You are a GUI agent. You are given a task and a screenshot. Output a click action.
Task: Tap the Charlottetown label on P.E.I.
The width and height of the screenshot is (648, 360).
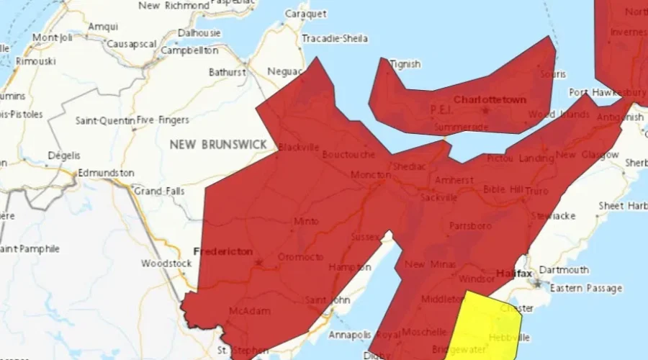(490, 99)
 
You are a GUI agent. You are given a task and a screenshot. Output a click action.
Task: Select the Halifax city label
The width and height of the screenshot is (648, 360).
(514, 274)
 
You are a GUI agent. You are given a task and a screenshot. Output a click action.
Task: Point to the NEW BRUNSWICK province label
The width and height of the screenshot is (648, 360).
(218, 145)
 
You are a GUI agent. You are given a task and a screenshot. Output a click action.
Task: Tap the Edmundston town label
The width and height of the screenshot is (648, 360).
(106, 173)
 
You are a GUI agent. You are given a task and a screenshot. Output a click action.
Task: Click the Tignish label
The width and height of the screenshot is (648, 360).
(405, 64)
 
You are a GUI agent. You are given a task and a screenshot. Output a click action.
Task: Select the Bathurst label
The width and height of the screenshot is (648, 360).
(228, 72)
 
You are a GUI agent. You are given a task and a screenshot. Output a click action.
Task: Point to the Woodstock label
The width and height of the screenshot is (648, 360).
(166, 264)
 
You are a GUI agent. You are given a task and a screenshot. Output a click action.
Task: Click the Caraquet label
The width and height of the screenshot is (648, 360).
(306, 14)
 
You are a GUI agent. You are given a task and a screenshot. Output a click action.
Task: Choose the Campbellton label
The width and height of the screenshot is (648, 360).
(189, 51)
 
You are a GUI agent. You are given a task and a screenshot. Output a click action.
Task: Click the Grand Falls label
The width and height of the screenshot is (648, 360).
(159, 192)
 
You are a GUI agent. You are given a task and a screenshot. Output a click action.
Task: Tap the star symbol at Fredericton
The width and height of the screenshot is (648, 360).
(258, 263)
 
